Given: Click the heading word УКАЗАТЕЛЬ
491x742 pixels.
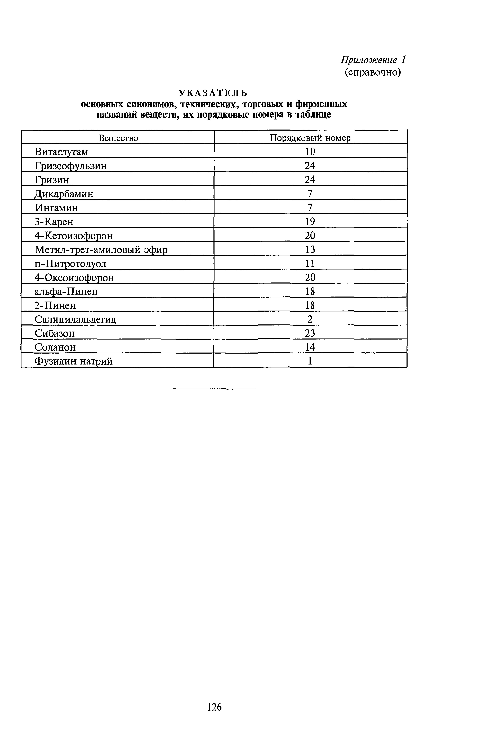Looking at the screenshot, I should pyautogui.click(x=213, y=93).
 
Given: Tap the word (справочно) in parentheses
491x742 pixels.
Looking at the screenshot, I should pyautogui.click(x=373, y=72).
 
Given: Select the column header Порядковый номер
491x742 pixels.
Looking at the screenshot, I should pyautogui.click(x=310, y=138).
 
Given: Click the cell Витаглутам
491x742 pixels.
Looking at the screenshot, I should pyautogui.click(x=61, y=152).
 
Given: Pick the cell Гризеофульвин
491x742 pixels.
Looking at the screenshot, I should pyautogui.click(x=71, y=166).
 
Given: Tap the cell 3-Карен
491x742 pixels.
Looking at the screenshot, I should pyautogui.click(x=54, y=222).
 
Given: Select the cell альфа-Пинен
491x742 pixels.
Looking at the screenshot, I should pyautogui.click(x=66, y=291).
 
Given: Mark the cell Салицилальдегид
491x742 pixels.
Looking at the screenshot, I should pyautogui.click(x=75, y=319).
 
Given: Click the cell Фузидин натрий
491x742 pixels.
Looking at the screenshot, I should pyautogui.click(x=73, y=361).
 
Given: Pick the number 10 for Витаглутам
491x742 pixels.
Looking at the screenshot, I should pyautogui.click(x=310, y=152).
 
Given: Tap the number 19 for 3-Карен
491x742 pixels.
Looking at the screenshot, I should pyautogui.click(x=310, y=222).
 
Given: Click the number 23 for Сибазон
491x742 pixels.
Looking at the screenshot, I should pyautogui.click(x=310, y=333).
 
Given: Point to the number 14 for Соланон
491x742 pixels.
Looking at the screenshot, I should pyautogui.click(x=310, y=347).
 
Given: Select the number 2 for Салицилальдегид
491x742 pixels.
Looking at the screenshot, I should pyautogui.click(x=310, y=319).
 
